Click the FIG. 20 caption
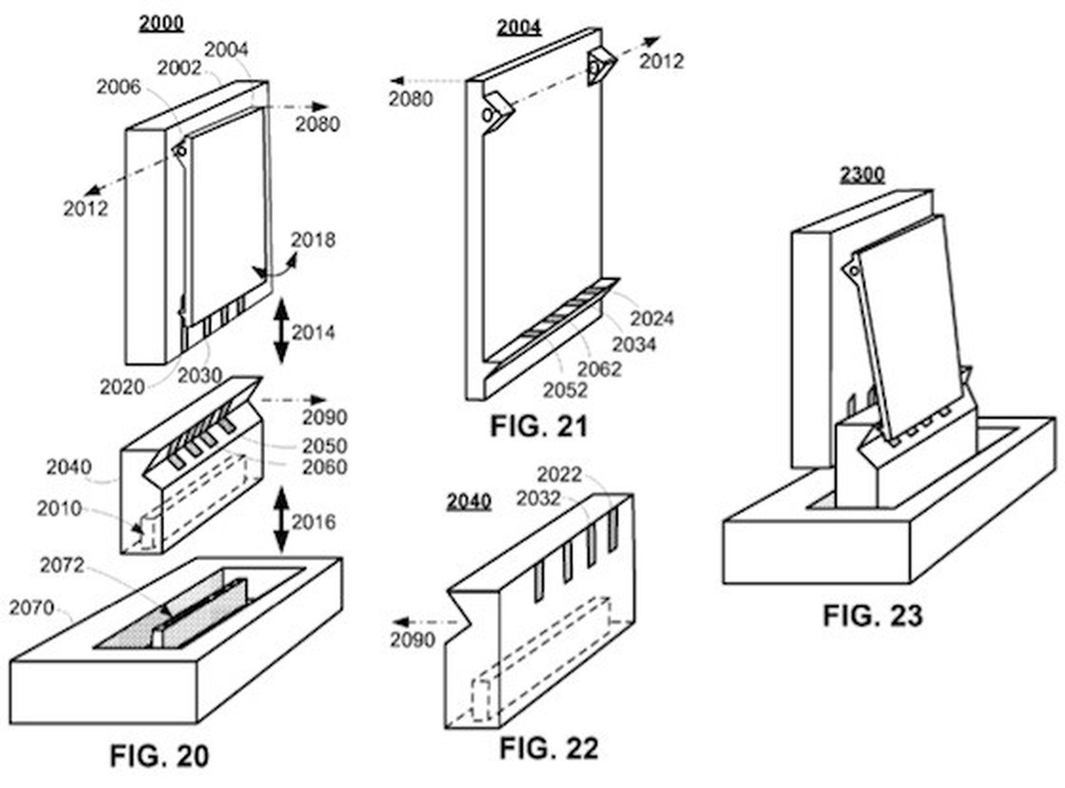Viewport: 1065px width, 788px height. point(159,755)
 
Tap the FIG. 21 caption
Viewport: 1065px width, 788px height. point(539,426)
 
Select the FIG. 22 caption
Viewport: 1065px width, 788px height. point(548,748)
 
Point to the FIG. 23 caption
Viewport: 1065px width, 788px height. point(873,615)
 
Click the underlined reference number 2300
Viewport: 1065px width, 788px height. point(862,175)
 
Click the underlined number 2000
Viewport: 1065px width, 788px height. point(161,23)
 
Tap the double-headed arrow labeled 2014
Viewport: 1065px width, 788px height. point(282,331)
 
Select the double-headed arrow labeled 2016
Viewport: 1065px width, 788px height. point(282,520)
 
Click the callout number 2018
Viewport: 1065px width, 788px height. point(313,239)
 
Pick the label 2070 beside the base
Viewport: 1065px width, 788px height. point(31,607)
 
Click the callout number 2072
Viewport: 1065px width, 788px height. point(62,565)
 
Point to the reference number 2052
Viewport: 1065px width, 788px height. point(565,390)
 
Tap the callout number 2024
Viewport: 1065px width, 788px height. point(652,318)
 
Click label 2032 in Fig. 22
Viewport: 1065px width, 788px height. point(538,498)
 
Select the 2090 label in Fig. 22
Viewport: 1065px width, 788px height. point(412,639)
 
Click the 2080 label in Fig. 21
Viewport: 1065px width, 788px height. point(411,99)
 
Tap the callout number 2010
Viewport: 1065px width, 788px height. point(59,508)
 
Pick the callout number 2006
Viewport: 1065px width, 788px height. point(118,87)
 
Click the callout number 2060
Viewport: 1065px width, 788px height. point(324,467)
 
